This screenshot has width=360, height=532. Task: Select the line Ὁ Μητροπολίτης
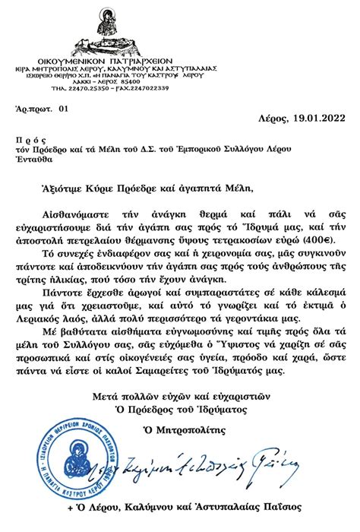tap(180, 449)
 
